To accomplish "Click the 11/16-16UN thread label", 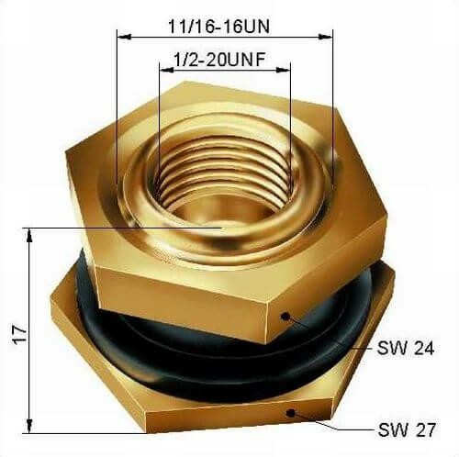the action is (219, 27).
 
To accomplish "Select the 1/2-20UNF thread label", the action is (219, 60).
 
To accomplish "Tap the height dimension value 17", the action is (20, 334).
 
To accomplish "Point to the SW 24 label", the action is (406, 348).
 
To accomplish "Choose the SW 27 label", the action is (407, 429).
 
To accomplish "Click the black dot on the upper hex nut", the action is (285, 316).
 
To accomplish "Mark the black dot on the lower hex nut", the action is (291, 413).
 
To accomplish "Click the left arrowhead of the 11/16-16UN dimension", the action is (124, 37).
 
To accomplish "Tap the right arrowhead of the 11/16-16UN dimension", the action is (325, 37).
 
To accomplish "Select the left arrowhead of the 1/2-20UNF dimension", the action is (167, 70).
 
